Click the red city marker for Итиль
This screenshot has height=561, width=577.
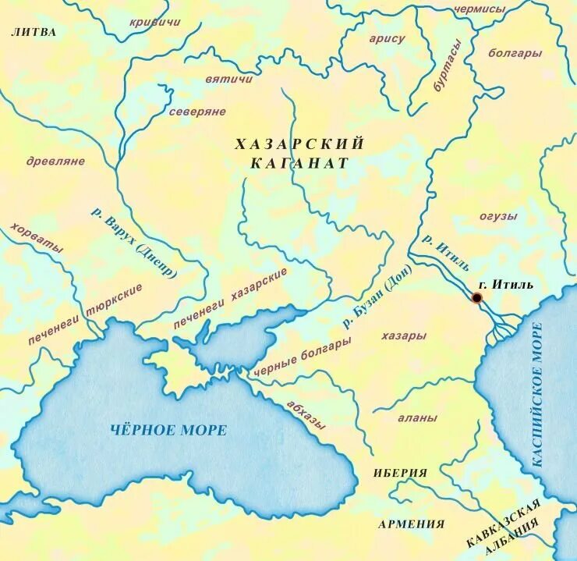tap(476, 297)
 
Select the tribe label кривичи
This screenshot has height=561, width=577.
tap(154, 22)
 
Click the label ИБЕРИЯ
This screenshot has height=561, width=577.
tap(400, 473)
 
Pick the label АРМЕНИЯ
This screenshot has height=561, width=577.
tap(411, 524)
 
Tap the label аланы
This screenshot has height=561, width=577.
tap(417, 417)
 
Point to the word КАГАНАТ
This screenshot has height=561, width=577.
tap(299, 163)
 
